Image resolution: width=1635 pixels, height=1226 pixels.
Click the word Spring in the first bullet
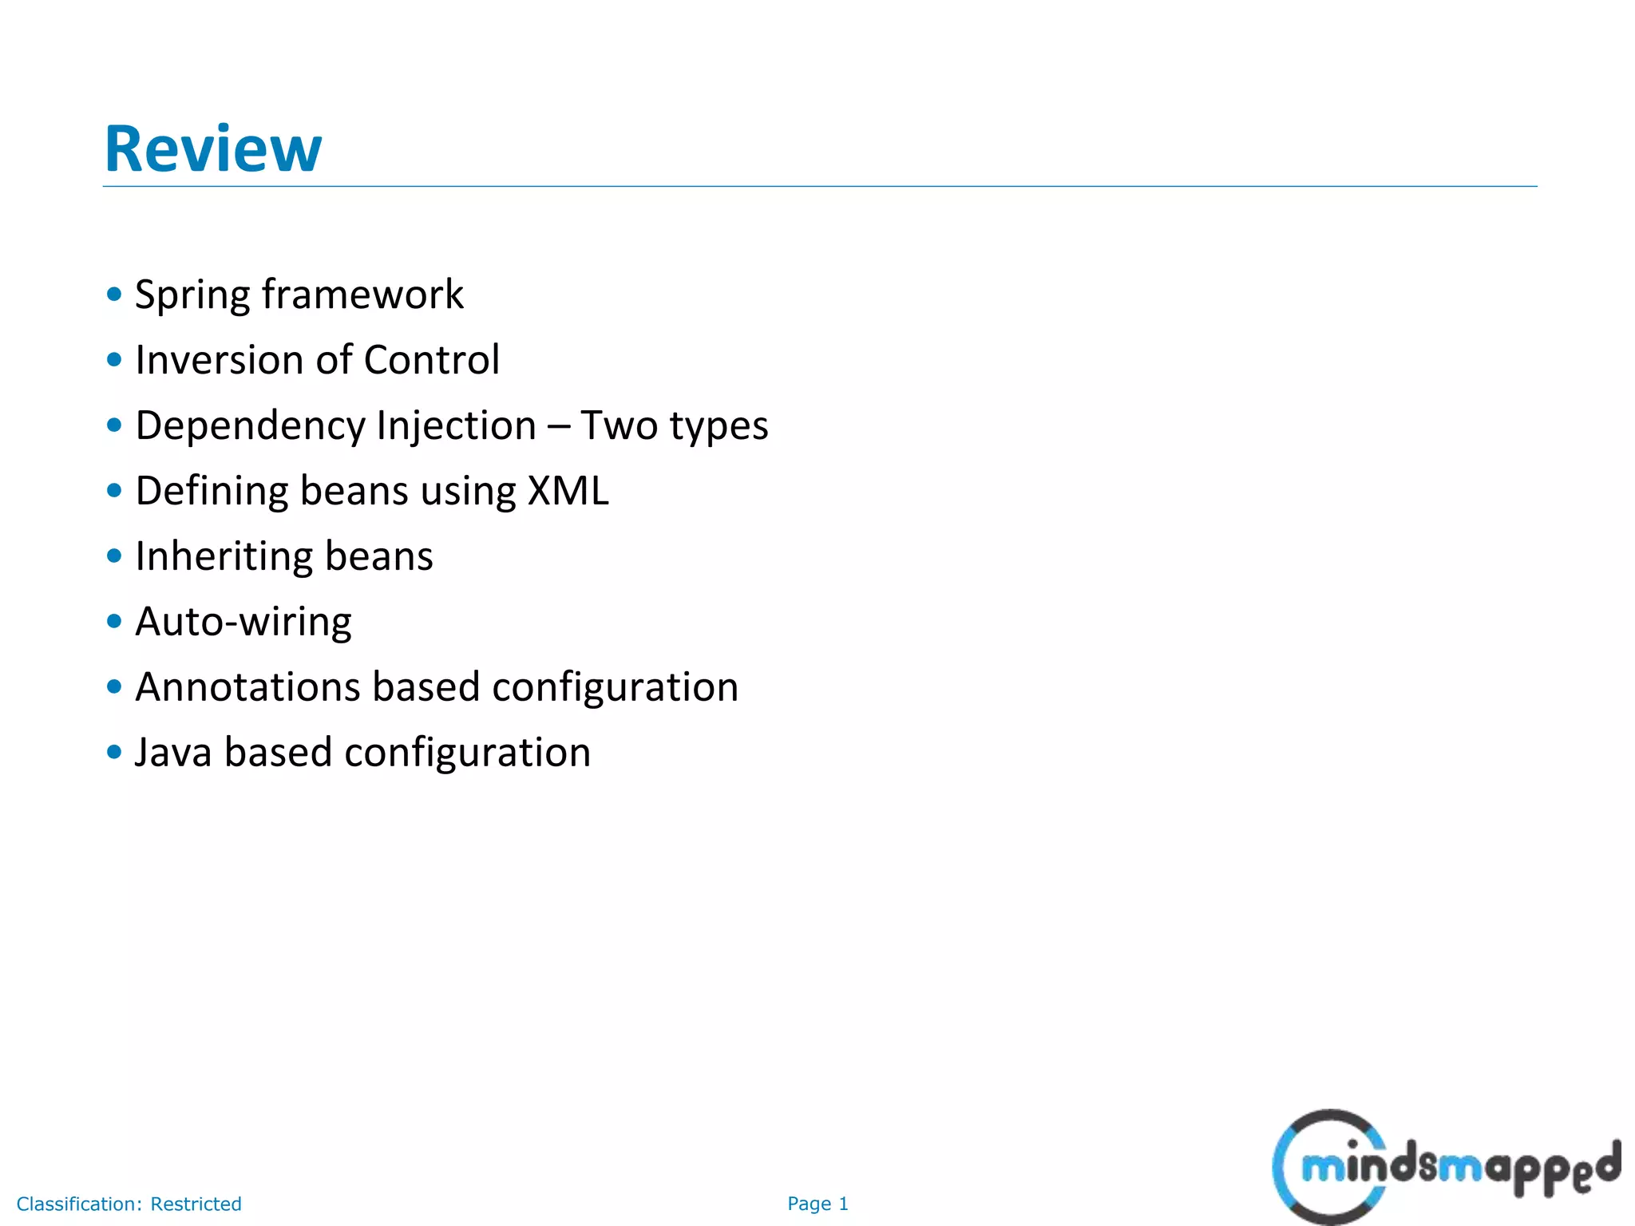click(x=192, y=295)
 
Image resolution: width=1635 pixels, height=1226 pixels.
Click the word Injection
click(x=456, y=425)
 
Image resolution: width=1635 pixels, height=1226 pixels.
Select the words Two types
click(x=674, y=425)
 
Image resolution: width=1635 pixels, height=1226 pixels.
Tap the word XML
click(x=568, y=491)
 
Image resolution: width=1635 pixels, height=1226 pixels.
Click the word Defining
click(x=212, y=491)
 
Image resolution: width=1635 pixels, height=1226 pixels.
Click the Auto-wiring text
click(x=243, y=622)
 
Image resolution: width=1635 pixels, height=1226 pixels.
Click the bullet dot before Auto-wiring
click(x=114, y=621)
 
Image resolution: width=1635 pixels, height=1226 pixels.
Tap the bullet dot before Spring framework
click(x=114, y=294)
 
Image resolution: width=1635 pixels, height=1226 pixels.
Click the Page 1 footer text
click(x=817, y=1204)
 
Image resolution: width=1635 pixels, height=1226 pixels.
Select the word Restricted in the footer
click(x=196, y=1204)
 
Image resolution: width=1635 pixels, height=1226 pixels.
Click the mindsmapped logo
click(x=1445, y=1167)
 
